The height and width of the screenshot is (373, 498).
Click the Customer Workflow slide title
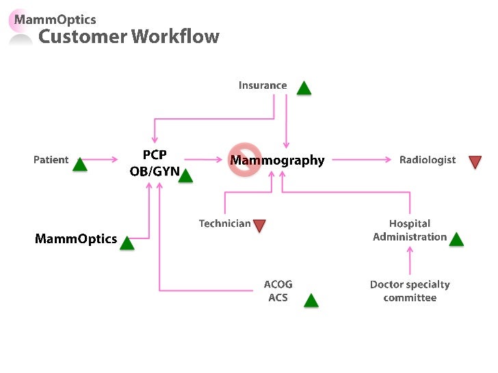point(129,37)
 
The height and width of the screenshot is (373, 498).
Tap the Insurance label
point(263,85)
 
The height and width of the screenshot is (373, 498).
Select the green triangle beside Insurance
point(304,88)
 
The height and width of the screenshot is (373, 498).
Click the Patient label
point(51,160)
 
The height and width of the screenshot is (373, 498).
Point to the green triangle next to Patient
point(80,164)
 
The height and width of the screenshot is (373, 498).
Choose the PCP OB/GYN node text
point(155,163)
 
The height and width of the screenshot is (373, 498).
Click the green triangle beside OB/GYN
point(185,176)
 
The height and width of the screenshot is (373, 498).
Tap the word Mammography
point(277,161)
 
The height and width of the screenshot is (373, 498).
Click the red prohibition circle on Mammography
point(245,159)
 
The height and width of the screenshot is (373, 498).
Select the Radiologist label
point(428,160)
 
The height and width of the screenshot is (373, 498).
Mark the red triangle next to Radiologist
point(475,162)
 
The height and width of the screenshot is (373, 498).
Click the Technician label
point(224,223)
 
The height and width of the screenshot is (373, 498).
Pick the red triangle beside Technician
point(259,225)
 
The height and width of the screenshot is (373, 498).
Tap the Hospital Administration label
point(410,230)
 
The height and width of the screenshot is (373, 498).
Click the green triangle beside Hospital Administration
point(456,239)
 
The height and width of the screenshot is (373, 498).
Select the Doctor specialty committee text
point(410,291)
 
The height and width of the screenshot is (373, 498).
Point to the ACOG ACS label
point(278,291)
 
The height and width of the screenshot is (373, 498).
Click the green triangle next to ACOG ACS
point(311,300)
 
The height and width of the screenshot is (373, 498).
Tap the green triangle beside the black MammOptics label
point(127,243)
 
